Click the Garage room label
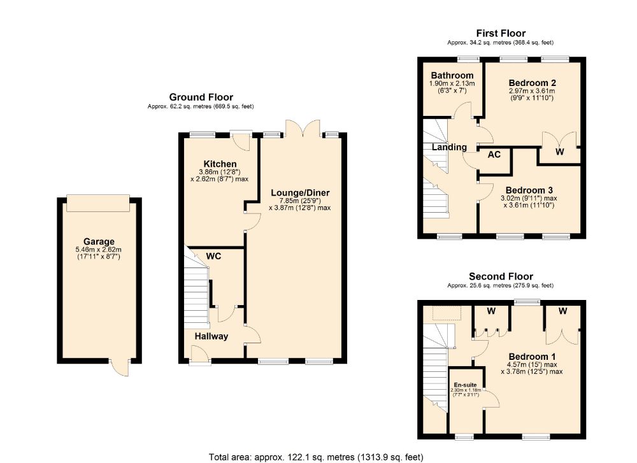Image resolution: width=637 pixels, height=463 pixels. [99, 241]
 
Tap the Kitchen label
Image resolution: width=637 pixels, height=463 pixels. [220, 164]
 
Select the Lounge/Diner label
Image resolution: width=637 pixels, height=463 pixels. [300, 193]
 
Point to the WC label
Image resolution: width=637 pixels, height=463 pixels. [213, 256]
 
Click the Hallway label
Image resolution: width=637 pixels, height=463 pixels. [211, 336]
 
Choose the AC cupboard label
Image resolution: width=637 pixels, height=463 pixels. [494, 154]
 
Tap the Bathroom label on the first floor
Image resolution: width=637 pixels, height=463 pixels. [452, 76]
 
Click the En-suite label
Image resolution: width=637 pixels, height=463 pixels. [465, 385]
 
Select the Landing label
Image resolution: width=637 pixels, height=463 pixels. [449, 147]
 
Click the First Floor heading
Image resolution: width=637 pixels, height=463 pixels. [501, 33]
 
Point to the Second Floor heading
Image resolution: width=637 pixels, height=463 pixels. [501, 276]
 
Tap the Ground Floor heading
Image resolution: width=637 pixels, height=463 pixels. [201, 97]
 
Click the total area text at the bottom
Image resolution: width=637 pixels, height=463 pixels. [316, 457]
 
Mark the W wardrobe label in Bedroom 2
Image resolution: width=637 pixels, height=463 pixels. [560, 152]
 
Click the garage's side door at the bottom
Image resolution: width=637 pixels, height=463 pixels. [120, 367]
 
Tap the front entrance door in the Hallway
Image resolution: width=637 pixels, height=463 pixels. [200, 354]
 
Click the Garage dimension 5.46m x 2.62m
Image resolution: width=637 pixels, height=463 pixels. [99, 250]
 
